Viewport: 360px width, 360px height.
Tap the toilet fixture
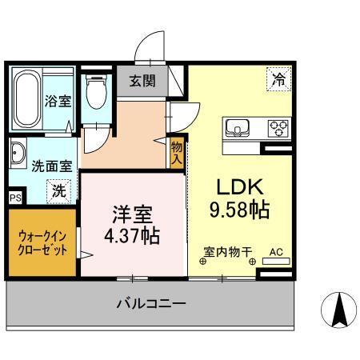(96, 94)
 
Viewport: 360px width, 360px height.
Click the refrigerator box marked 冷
(279, 79)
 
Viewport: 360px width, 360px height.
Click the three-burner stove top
(277, 128)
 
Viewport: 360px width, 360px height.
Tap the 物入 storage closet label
(177, 152)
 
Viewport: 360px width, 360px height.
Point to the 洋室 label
(131, 214)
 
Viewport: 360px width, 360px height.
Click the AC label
(277, 252)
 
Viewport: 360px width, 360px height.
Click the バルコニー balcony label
(151, 304)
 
